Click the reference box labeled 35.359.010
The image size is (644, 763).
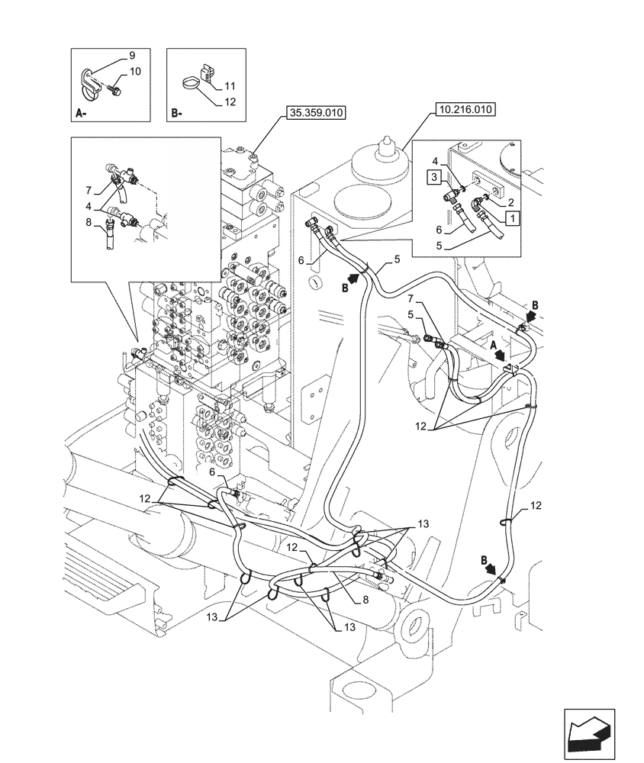click(x=316, y=114)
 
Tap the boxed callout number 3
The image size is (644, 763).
click(x=432, y=178)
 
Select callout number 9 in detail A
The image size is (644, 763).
click(x=131, y=56)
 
